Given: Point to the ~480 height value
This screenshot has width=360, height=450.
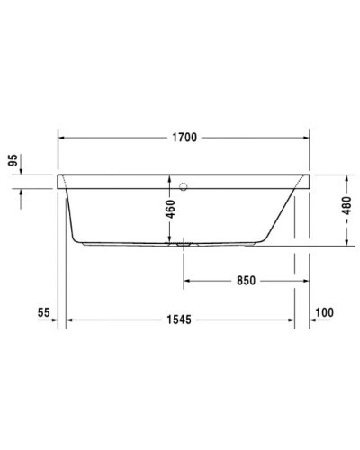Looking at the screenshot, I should (x=347, y=213).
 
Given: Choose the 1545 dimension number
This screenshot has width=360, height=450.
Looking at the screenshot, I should (x=184, y=319).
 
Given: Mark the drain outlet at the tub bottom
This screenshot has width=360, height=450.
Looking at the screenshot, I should (x=184, y=243).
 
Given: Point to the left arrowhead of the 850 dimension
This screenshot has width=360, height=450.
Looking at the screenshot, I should (x=189, y=280).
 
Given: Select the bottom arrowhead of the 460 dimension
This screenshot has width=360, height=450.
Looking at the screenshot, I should (x=169, y=242).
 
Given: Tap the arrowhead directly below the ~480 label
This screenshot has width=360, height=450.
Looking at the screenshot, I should (x=346, y=242).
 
